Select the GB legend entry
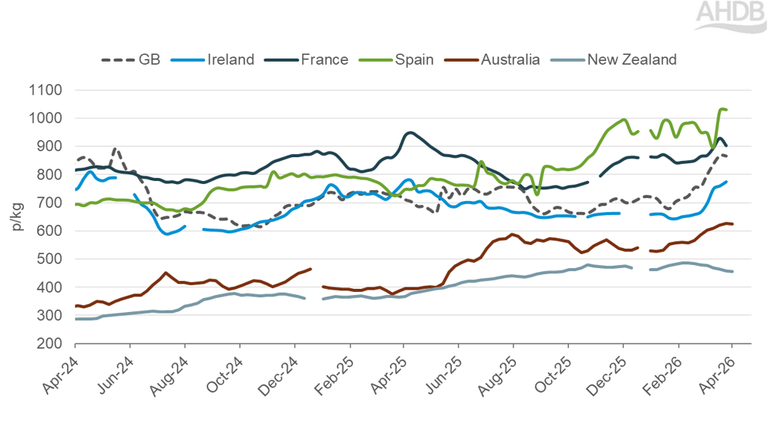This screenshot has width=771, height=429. point(130,59)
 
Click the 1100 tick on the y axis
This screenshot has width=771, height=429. point(45,90)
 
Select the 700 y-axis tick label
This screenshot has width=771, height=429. point(49,203)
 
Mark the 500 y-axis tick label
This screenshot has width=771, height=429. point(49,259)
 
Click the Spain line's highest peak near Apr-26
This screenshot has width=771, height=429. point(722,109)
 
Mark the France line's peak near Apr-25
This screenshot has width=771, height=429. point(409,132)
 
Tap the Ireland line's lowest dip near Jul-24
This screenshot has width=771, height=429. point(167,233)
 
